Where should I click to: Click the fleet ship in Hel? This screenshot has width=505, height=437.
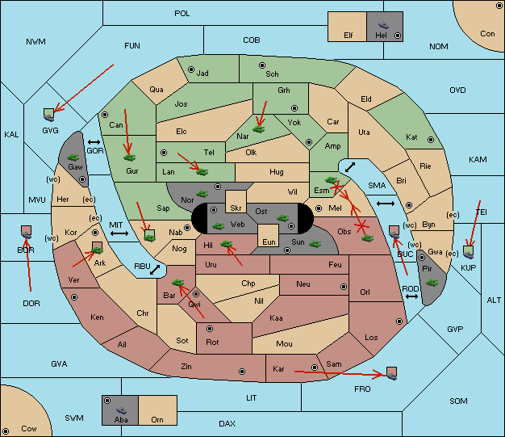tap(383, 25)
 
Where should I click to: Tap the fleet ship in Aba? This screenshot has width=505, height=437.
tap(121, 410)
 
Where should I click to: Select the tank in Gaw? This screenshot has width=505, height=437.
tap(73, 158)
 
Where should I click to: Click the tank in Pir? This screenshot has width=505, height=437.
tap(432, 283)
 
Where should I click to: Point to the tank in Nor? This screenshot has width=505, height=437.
tap(202, 194)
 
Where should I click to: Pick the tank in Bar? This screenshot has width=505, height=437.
tap(177, 283)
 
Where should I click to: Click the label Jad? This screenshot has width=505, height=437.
tap(202, 74)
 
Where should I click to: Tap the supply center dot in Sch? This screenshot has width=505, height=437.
tap(262, 65)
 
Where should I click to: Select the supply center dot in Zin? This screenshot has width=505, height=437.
tap(242, 372)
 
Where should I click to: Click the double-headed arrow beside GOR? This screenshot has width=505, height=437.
tap(94, 142)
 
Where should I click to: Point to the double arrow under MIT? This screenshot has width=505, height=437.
tap(119, 233)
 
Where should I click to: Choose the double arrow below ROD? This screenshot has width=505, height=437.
tap(411, 296)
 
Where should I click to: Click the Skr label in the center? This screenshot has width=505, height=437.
tap(236, 208)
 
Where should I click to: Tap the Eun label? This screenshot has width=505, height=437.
tap(269, 242)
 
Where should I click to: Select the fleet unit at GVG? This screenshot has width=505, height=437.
tap(49, 115)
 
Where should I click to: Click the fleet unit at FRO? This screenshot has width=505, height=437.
tap(391, 373)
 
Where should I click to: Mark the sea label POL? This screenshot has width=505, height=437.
tap(182, 14)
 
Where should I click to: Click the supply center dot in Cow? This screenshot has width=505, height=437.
tap(6, 431)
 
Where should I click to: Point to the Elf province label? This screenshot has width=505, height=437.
tap(348, 36)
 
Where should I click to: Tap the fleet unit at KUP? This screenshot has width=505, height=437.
tap(469, 252)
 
